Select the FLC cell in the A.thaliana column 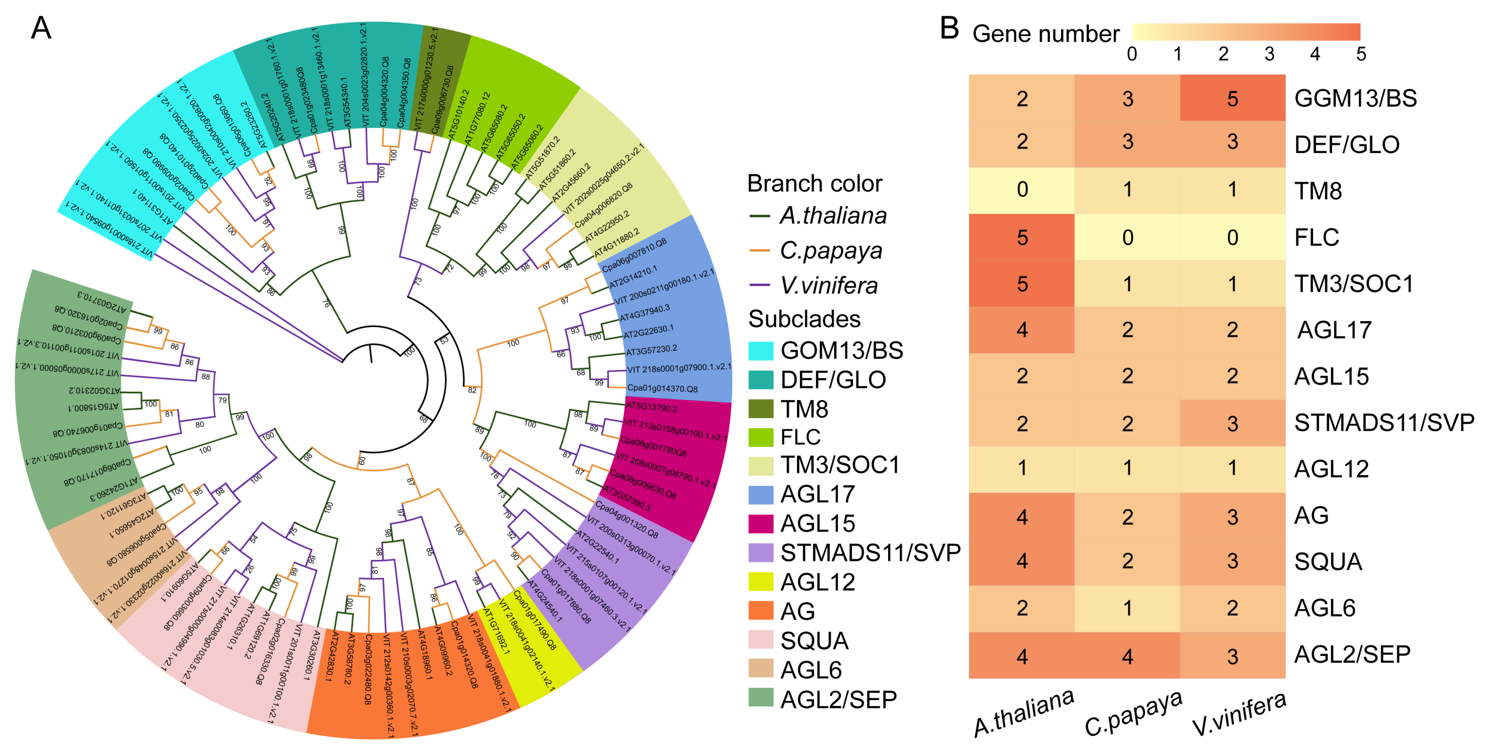[1022, 237]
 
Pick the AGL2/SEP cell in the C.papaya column [1127, 656]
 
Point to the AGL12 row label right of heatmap [1331, 468]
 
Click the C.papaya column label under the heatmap [1133, 714]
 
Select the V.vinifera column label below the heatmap [1239, 714]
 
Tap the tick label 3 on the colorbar [1269, 54]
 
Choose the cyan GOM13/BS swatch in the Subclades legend [760, 350]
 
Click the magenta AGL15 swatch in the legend [760, 523]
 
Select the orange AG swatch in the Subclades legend [760, 610]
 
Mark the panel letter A [41, 28]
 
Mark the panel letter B [949, 28]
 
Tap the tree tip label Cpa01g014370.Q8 [662, 388]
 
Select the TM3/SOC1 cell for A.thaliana [1022, 283]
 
